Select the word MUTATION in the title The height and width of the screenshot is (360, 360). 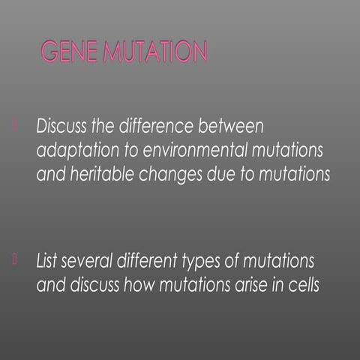[155, 52]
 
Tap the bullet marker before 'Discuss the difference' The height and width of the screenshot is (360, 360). [14, 122]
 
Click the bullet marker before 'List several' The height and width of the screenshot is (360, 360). [14, 259]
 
